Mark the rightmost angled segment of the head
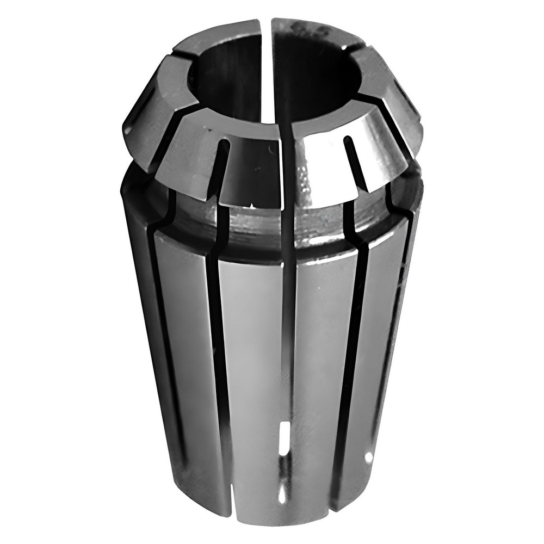(405, 109)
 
